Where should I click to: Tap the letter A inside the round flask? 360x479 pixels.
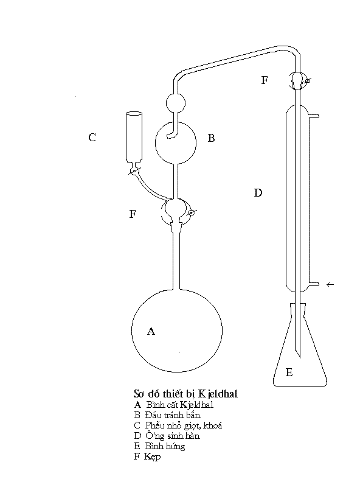(x=151, y=331)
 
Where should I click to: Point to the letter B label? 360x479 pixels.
(x=211, y=138)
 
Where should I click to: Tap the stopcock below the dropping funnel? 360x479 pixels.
(x=134, y=171)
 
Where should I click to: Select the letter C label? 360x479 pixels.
(x=92, y=138)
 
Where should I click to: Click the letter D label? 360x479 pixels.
(x=258, y=193)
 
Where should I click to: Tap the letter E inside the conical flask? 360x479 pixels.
(x=289, y=372)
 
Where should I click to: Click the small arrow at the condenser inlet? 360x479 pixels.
(x=330, y=285)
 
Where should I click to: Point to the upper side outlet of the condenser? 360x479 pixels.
(x=314, y=116)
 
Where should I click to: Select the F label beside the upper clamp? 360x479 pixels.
(x=265, y=80)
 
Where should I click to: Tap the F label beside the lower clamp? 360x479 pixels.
(x=133, y=214)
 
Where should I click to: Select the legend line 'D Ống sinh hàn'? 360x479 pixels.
(x=167, y=436)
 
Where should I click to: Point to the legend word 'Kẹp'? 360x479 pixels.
(x=152, y=456)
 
